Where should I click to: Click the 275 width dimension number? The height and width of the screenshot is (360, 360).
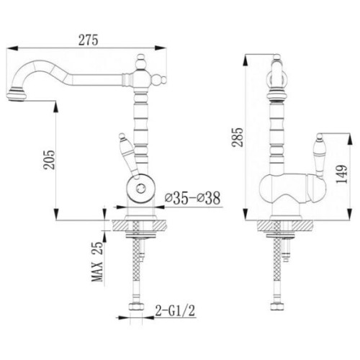[89, 40]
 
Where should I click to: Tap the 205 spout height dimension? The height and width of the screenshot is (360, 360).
[49, 160]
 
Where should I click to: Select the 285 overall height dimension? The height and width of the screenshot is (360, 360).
[238, 137]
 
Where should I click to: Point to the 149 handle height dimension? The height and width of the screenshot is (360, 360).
[342, 174]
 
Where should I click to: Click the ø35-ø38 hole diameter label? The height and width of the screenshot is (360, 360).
[193, 198]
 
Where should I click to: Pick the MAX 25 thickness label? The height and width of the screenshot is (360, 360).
[97, 261]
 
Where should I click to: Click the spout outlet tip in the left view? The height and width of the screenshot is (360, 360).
[17, 96]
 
